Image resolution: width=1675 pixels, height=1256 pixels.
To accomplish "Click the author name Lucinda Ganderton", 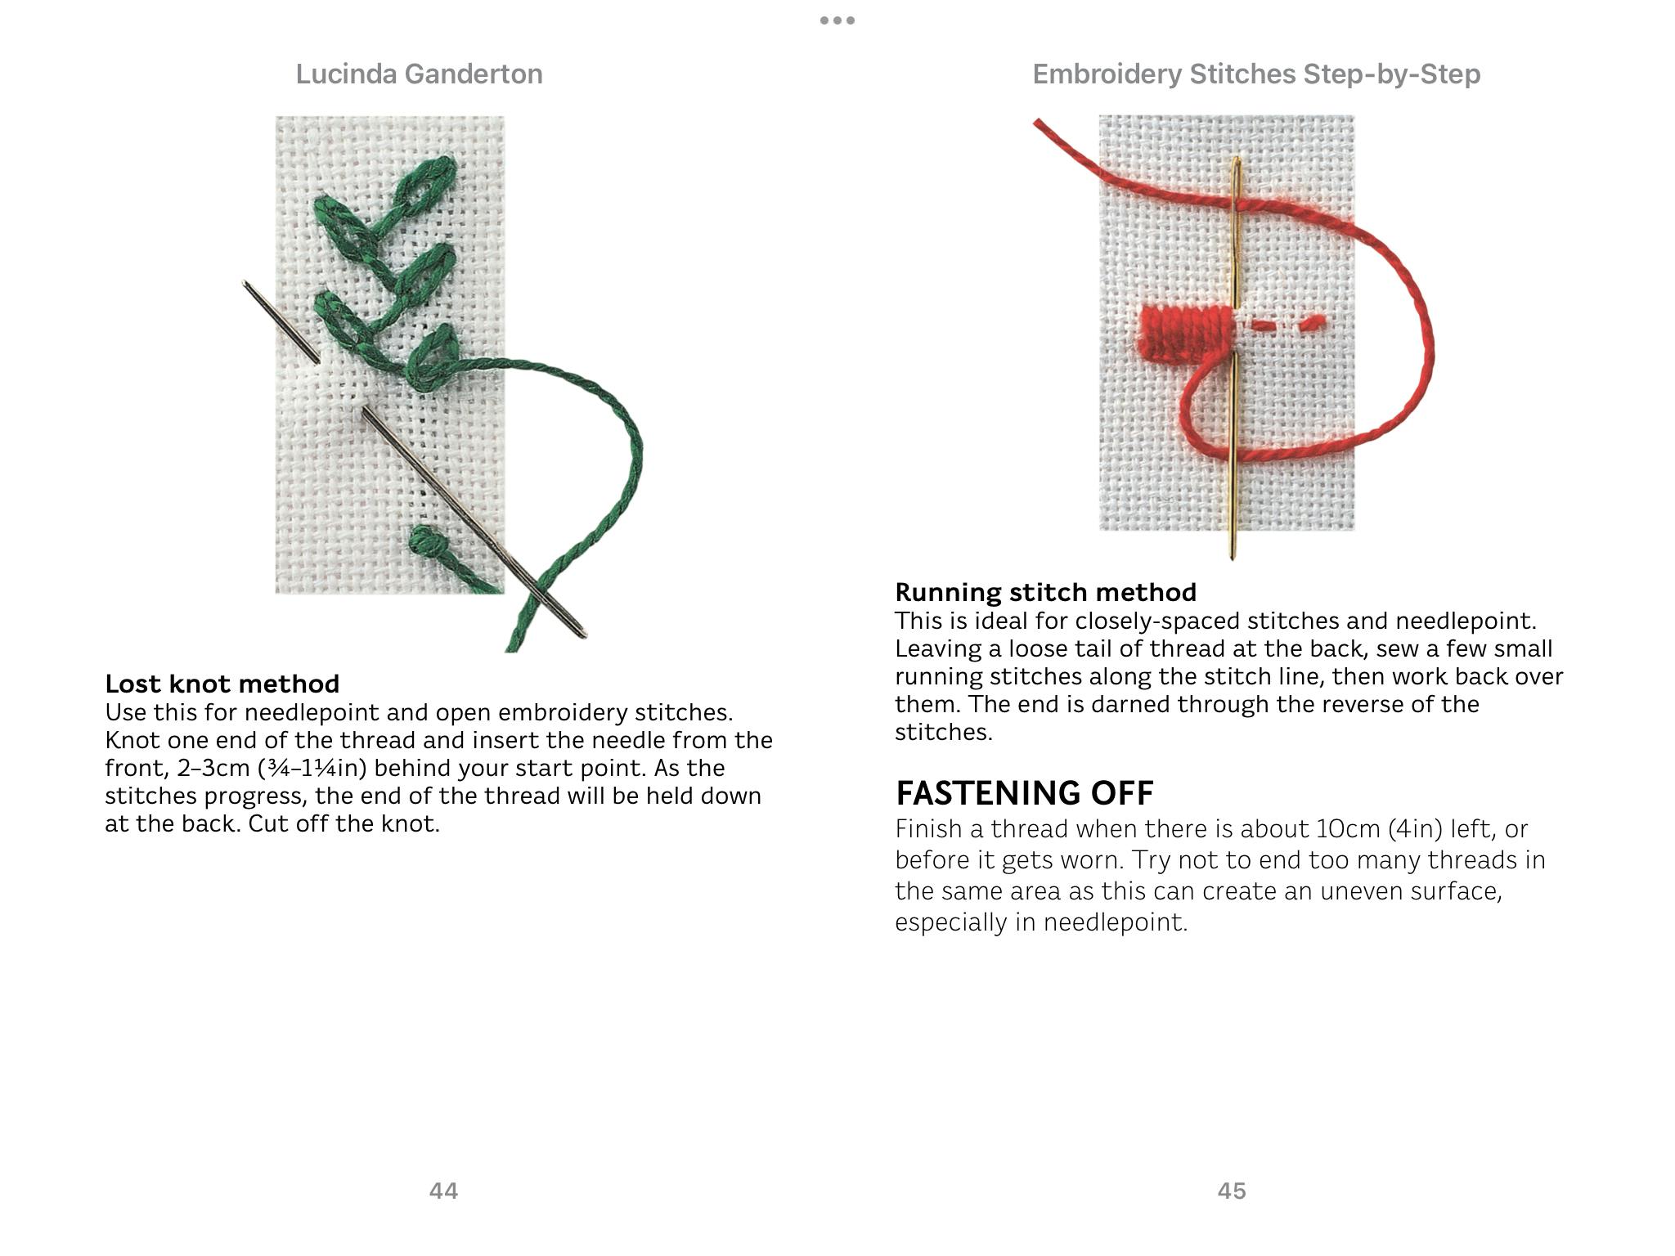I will [x=419, y=74].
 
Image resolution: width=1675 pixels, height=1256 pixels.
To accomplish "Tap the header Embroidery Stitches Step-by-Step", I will [x=1255, y=74].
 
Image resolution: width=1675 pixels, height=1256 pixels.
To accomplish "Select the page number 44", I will [x=443, y=1191].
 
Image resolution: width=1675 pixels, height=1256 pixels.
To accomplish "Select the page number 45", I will [x=1232, y=1191].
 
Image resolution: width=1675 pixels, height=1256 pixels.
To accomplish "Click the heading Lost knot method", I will [x=222, y=684].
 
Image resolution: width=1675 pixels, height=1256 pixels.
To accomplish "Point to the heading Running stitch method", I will [x=1045, y=592].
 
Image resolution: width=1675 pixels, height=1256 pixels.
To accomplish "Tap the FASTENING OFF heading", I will [x=1024, y=793].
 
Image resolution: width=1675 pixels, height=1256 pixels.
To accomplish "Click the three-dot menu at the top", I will [x=837, y=20].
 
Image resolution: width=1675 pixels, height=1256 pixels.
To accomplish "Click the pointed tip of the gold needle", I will [x=1233, y=556].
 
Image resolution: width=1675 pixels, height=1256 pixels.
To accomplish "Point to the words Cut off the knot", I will [x=344, y=824].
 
